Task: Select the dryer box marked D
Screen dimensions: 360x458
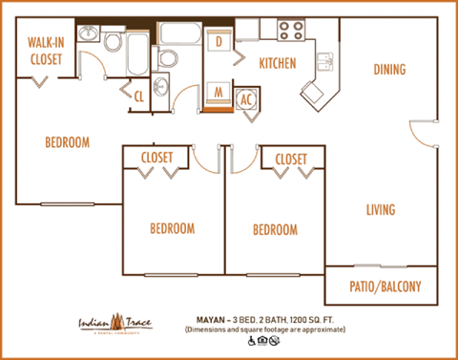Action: (219, 42)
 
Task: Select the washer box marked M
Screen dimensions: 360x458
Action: (219, 94)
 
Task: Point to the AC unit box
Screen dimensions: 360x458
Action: (247, 98)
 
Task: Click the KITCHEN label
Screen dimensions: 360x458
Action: (278, 64)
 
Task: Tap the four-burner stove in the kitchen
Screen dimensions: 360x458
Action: (291, 30)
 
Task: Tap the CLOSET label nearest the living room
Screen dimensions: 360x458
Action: (291, 158)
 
